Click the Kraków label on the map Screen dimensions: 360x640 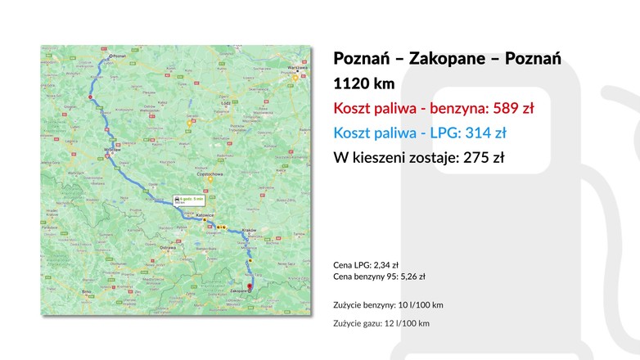(x=249, y=231)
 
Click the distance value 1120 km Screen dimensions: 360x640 (x=364, y=83)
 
